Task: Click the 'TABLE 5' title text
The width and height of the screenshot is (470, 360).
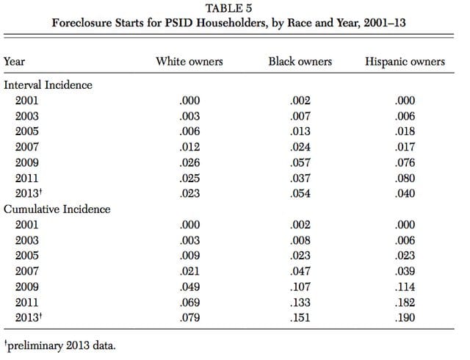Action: (228, 8)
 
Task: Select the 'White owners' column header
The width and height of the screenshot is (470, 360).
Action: (189, 61)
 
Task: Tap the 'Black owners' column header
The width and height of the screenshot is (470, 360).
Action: (300, 61)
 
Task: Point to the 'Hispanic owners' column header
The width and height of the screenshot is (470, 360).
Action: (405, 62)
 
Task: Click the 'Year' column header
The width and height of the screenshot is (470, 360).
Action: (14, 61)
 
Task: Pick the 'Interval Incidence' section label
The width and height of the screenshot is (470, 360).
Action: (48, 85)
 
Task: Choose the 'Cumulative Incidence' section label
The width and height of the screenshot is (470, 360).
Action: (57, 209)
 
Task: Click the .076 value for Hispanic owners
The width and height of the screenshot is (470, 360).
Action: (405, 162)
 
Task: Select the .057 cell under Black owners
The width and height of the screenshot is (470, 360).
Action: (300, 162)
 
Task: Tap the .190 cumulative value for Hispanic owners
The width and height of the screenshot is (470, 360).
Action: (405, 317)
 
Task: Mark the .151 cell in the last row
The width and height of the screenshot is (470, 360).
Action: (300, 317)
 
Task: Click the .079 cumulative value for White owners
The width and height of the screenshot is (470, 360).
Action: (189, 317)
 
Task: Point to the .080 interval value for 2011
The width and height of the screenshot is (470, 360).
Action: (405, 178)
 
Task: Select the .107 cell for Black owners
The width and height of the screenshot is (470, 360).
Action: (300, 287)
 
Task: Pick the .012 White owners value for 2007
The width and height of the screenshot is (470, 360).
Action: (189, 147)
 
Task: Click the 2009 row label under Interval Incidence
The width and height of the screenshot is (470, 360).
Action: (27, 162)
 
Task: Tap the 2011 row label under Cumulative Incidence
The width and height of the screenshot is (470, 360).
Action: (27, 302)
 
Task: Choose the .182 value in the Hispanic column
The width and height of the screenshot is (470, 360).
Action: (405, 302)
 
